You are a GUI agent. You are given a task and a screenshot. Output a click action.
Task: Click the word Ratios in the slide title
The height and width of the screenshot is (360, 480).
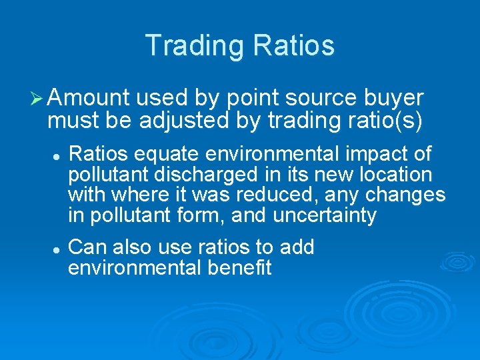[x=293, y=45]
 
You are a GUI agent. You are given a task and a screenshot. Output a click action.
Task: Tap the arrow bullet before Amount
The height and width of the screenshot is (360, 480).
[x=38, y=99]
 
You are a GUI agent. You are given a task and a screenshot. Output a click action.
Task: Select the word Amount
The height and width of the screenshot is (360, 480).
[x=89, y=99]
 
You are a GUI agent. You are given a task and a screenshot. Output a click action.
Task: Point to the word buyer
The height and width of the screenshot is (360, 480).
[x=393, y=99]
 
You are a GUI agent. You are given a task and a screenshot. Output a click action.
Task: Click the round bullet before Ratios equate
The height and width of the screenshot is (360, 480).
[x=58, y=155]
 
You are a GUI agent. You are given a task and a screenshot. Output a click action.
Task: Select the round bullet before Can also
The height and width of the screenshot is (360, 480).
[x=58, y=248]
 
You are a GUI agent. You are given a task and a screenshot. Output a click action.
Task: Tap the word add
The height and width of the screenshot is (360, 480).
[x=297, y=247]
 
